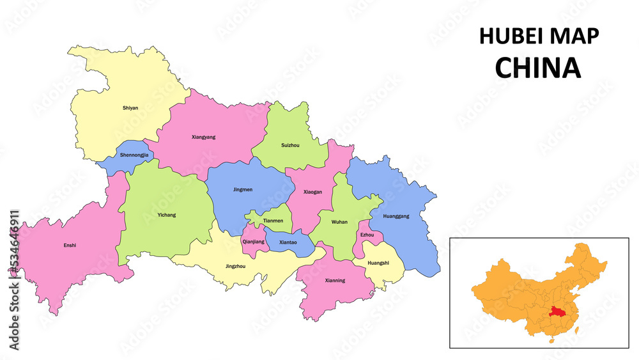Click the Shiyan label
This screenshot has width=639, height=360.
click(130, 108)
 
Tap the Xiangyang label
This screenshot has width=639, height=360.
click(203, 137)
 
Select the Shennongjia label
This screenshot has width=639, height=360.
click(134, 155)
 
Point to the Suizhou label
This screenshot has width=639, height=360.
click(290, 145)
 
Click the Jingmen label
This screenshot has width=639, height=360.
click(243, 189)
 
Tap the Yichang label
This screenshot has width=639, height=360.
click(166, 215)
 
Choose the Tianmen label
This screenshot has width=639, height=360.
click(273, 221)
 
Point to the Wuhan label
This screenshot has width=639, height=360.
click(339, 222)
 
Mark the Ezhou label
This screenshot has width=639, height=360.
click(367, 235)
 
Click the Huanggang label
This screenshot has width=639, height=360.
click(396, 216)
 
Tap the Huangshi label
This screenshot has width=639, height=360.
click(378, 263)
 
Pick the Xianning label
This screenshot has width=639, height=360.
click(335, 280)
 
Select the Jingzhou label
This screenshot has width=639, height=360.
click(235, 266)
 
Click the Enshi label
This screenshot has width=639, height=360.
click(70, 245)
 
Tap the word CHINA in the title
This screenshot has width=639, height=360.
click(538, 68)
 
